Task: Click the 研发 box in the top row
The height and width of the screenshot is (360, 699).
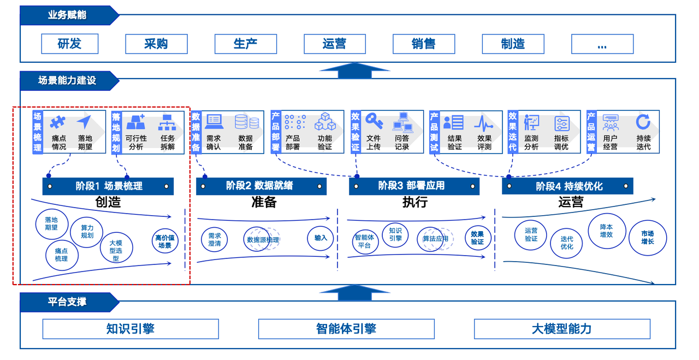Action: pyautogui.click(x=69, y=44)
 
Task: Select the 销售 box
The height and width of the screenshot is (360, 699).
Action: pyautogui.click(x=424, y=44)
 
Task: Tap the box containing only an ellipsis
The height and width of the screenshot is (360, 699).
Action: pyautogui.click(x=602, y=44)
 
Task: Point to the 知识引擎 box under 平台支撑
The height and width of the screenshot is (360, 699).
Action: pyautogui.click(x=131, y=329)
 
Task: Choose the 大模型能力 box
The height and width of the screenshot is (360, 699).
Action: pyautogui.click(x=562, y=329)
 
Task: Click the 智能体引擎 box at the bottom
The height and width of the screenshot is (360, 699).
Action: pyautogui.click(x=346, y=329)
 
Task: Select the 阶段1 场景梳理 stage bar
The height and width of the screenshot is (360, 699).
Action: pyautogui.click(x=108, y=186)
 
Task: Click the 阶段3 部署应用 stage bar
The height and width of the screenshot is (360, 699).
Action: pyautogui.click(x=414, y=186)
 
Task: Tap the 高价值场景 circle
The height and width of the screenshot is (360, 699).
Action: pyautogui.click(x=165, y=241)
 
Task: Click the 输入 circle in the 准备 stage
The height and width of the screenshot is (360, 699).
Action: pyautogui.click(x=321, y=238)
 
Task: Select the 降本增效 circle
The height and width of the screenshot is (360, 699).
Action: pyautogui.click(x=606, y=231)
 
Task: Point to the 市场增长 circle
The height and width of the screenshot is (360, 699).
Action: pyautogui.click(x=648, y=237)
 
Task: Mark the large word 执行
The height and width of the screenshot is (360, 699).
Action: pyautogui.click(x=414, y=202)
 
